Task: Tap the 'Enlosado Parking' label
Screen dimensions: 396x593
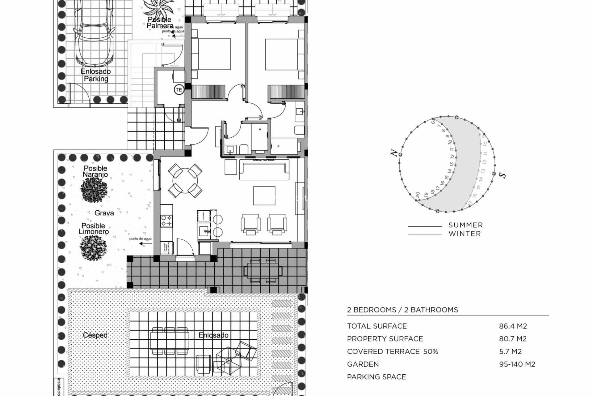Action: [x=96, y=75]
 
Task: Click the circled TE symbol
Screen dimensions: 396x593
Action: [x=179, y=90]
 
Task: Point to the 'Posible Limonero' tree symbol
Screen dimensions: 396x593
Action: [x=93, y=247]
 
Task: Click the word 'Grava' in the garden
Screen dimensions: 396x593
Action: [x=104, y=213]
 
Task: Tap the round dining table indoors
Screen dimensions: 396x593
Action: [x=185, y=181]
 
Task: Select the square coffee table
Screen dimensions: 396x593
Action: [x=264, y=196]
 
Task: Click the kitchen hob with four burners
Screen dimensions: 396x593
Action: [x=166, y=221]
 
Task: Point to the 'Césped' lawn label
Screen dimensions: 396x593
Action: [x=95, y=335]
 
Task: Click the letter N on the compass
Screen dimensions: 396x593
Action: [x=394, y=153]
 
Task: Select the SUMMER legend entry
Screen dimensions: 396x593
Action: [x=465, y=225]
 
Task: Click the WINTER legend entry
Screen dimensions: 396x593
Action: [x=465, y=234]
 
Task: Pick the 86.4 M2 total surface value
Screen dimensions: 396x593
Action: [x=513, y=326]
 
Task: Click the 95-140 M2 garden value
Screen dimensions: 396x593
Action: [x=517, y=364]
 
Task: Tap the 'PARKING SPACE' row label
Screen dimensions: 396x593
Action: [x=376, y=377]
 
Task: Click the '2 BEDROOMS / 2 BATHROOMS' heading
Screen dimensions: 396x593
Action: [x=402, y=310]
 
